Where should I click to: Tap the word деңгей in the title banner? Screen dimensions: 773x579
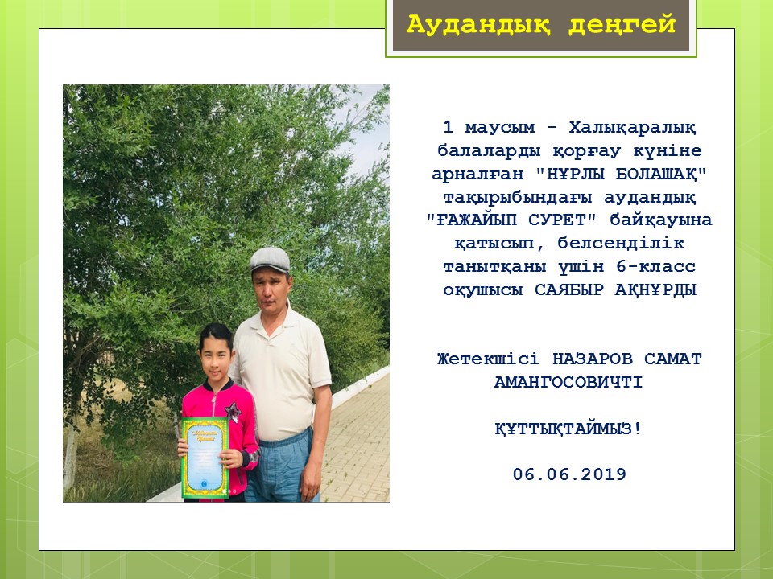click(x=622, y=25)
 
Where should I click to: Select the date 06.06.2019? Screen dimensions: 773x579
click(x=569, y=474)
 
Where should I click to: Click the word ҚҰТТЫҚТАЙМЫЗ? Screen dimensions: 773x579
click(x=568, y=429)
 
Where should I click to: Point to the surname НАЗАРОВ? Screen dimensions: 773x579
click(x=592, y=359)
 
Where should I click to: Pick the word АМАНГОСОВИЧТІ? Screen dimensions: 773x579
click(x=568, y=382)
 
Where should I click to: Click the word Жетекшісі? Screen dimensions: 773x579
click(x=488, y=359)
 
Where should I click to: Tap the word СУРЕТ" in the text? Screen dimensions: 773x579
click(x=563, y=220)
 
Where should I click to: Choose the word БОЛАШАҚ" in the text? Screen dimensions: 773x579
click(x=661, y=174)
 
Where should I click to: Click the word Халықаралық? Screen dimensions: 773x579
click(x=633, y=128)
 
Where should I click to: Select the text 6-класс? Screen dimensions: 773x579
click(x=655, y=266)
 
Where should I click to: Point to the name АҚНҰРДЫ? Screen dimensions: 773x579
click(x=655, y=289)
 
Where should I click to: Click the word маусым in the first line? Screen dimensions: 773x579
click(x=499, y=128)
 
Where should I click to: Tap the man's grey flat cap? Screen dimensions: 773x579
click(x=269, y=260)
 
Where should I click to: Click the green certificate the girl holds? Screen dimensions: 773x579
click(x=205, y=458)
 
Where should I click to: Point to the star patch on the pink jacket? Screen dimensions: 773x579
click(x=233, y=411)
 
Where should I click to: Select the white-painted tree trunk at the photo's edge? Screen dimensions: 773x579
click(x=70, y=458)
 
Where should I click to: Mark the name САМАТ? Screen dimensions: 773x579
click(x=672, y=359)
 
